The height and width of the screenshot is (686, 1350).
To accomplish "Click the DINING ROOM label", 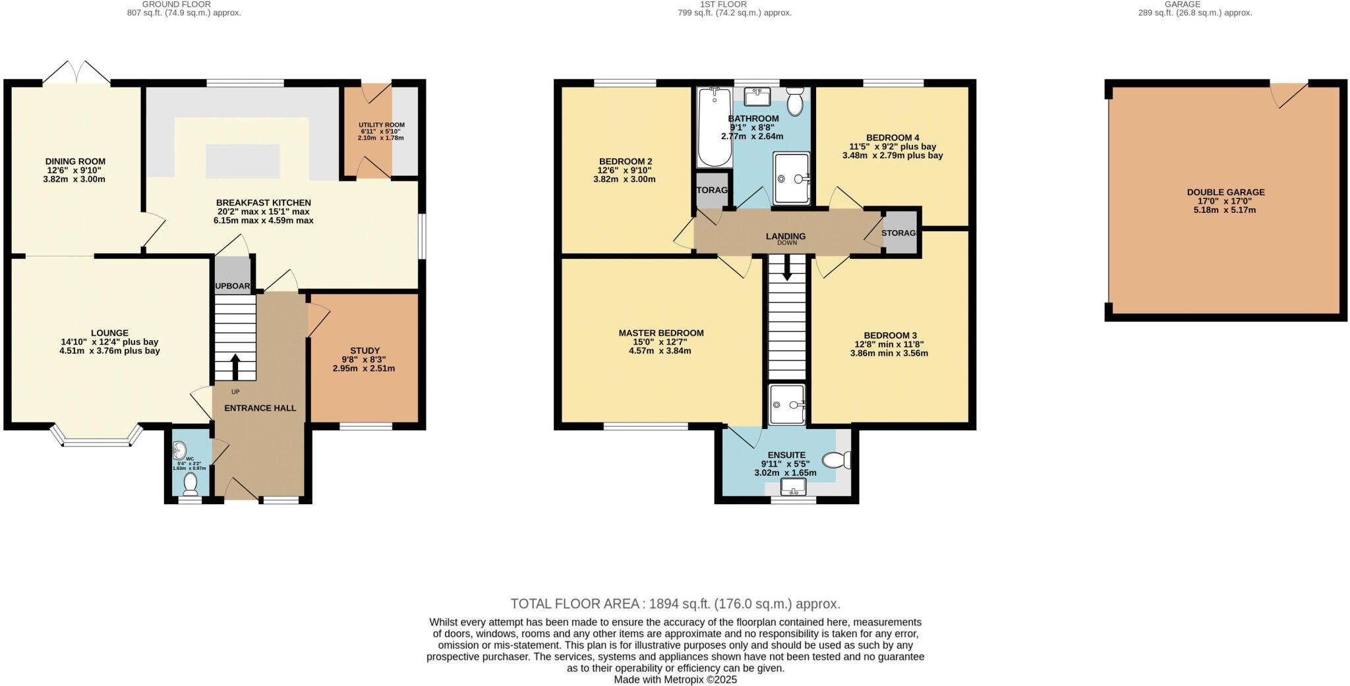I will [75, 161].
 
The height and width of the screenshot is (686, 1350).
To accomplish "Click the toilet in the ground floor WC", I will [191, 484].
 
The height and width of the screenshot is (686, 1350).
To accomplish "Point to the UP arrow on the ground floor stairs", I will [235, 366].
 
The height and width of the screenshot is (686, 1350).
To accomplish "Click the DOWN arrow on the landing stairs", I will [786, 269].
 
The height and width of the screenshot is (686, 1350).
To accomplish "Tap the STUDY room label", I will [365, 351].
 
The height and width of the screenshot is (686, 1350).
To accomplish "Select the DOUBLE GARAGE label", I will [1225, 192].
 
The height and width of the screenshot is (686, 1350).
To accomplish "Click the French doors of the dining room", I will [76, 72].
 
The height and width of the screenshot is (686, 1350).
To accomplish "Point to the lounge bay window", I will [96, 441].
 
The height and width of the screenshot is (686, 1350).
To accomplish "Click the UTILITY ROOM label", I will [382, 125].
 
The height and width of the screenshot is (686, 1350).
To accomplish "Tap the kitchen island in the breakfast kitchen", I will [242, 161].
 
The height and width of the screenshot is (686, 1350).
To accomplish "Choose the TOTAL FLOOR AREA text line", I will [675, 604].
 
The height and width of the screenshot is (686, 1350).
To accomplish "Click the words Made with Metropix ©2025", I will [675, 679].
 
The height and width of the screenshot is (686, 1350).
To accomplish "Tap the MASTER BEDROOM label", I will [660, 333].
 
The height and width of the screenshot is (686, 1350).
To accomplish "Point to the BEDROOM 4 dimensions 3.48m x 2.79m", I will [892, 156].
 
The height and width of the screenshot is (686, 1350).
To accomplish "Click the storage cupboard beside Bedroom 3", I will [900, 233].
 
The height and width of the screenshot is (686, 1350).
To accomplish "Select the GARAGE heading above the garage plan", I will [1182, 4].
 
